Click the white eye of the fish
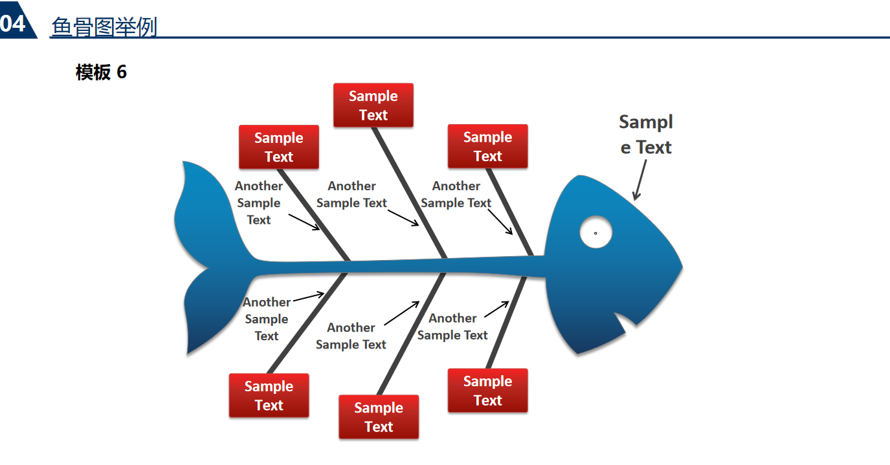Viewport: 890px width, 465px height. click(x=595, y=232)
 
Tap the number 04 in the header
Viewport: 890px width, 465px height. click(x=13, y=24)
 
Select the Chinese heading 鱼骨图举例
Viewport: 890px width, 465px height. click(x=104, y=27)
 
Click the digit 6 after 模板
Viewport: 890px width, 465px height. click(x=122, y=72)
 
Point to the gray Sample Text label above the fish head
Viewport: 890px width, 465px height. click(x=646, y=135)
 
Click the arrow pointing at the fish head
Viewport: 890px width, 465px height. click(x=640, y=180)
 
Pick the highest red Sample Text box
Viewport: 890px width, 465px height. click(x=373, y=105)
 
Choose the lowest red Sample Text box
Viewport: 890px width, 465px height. click(x=379, y=417)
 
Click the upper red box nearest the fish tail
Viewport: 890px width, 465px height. click(x=279, y=147)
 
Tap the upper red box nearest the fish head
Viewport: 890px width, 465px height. click(x=487, y=146)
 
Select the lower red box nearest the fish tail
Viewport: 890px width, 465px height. click(x=269, y=395)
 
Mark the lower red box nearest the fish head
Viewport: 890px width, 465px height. click(x=487, y=391)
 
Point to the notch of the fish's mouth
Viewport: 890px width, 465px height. click(x=625, y=321)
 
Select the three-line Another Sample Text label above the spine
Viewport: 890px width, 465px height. click(x=258, y=202)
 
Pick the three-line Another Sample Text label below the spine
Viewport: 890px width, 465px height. click(x=266, y=319)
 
